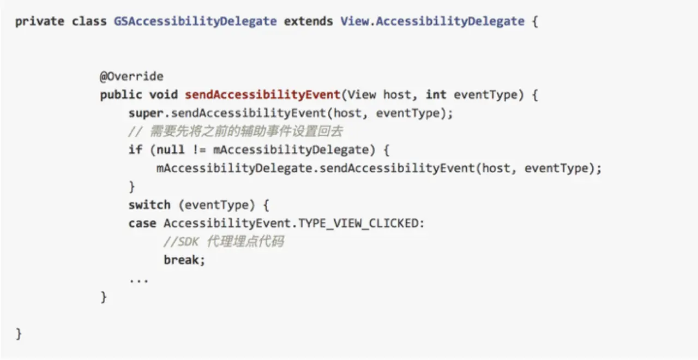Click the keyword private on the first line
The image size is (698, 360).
pos(40,22)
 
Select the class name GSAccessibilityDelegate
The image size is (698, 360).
pos(195,22)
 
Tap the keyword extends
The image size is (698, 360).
pos(308,22)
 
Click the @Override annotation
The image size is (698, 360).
pos(131,76)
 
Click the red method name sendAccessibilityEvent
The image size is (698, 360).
pos(262,95)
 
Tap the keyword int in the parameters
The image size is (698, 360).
pos(436,95)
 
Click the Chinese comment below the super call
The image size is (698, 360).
pos(236,131)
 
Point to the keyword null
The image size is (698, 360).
pos(170,150)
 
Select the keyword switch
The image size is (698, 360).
pos(149,206)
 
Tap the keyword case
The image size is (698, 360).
pos(142,224)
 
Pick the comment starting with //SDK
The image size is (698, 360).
pos(224,242)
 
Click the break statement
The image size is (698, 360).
pos(184,260)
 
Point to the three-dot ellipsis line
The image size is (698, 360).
pos(139,280)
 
